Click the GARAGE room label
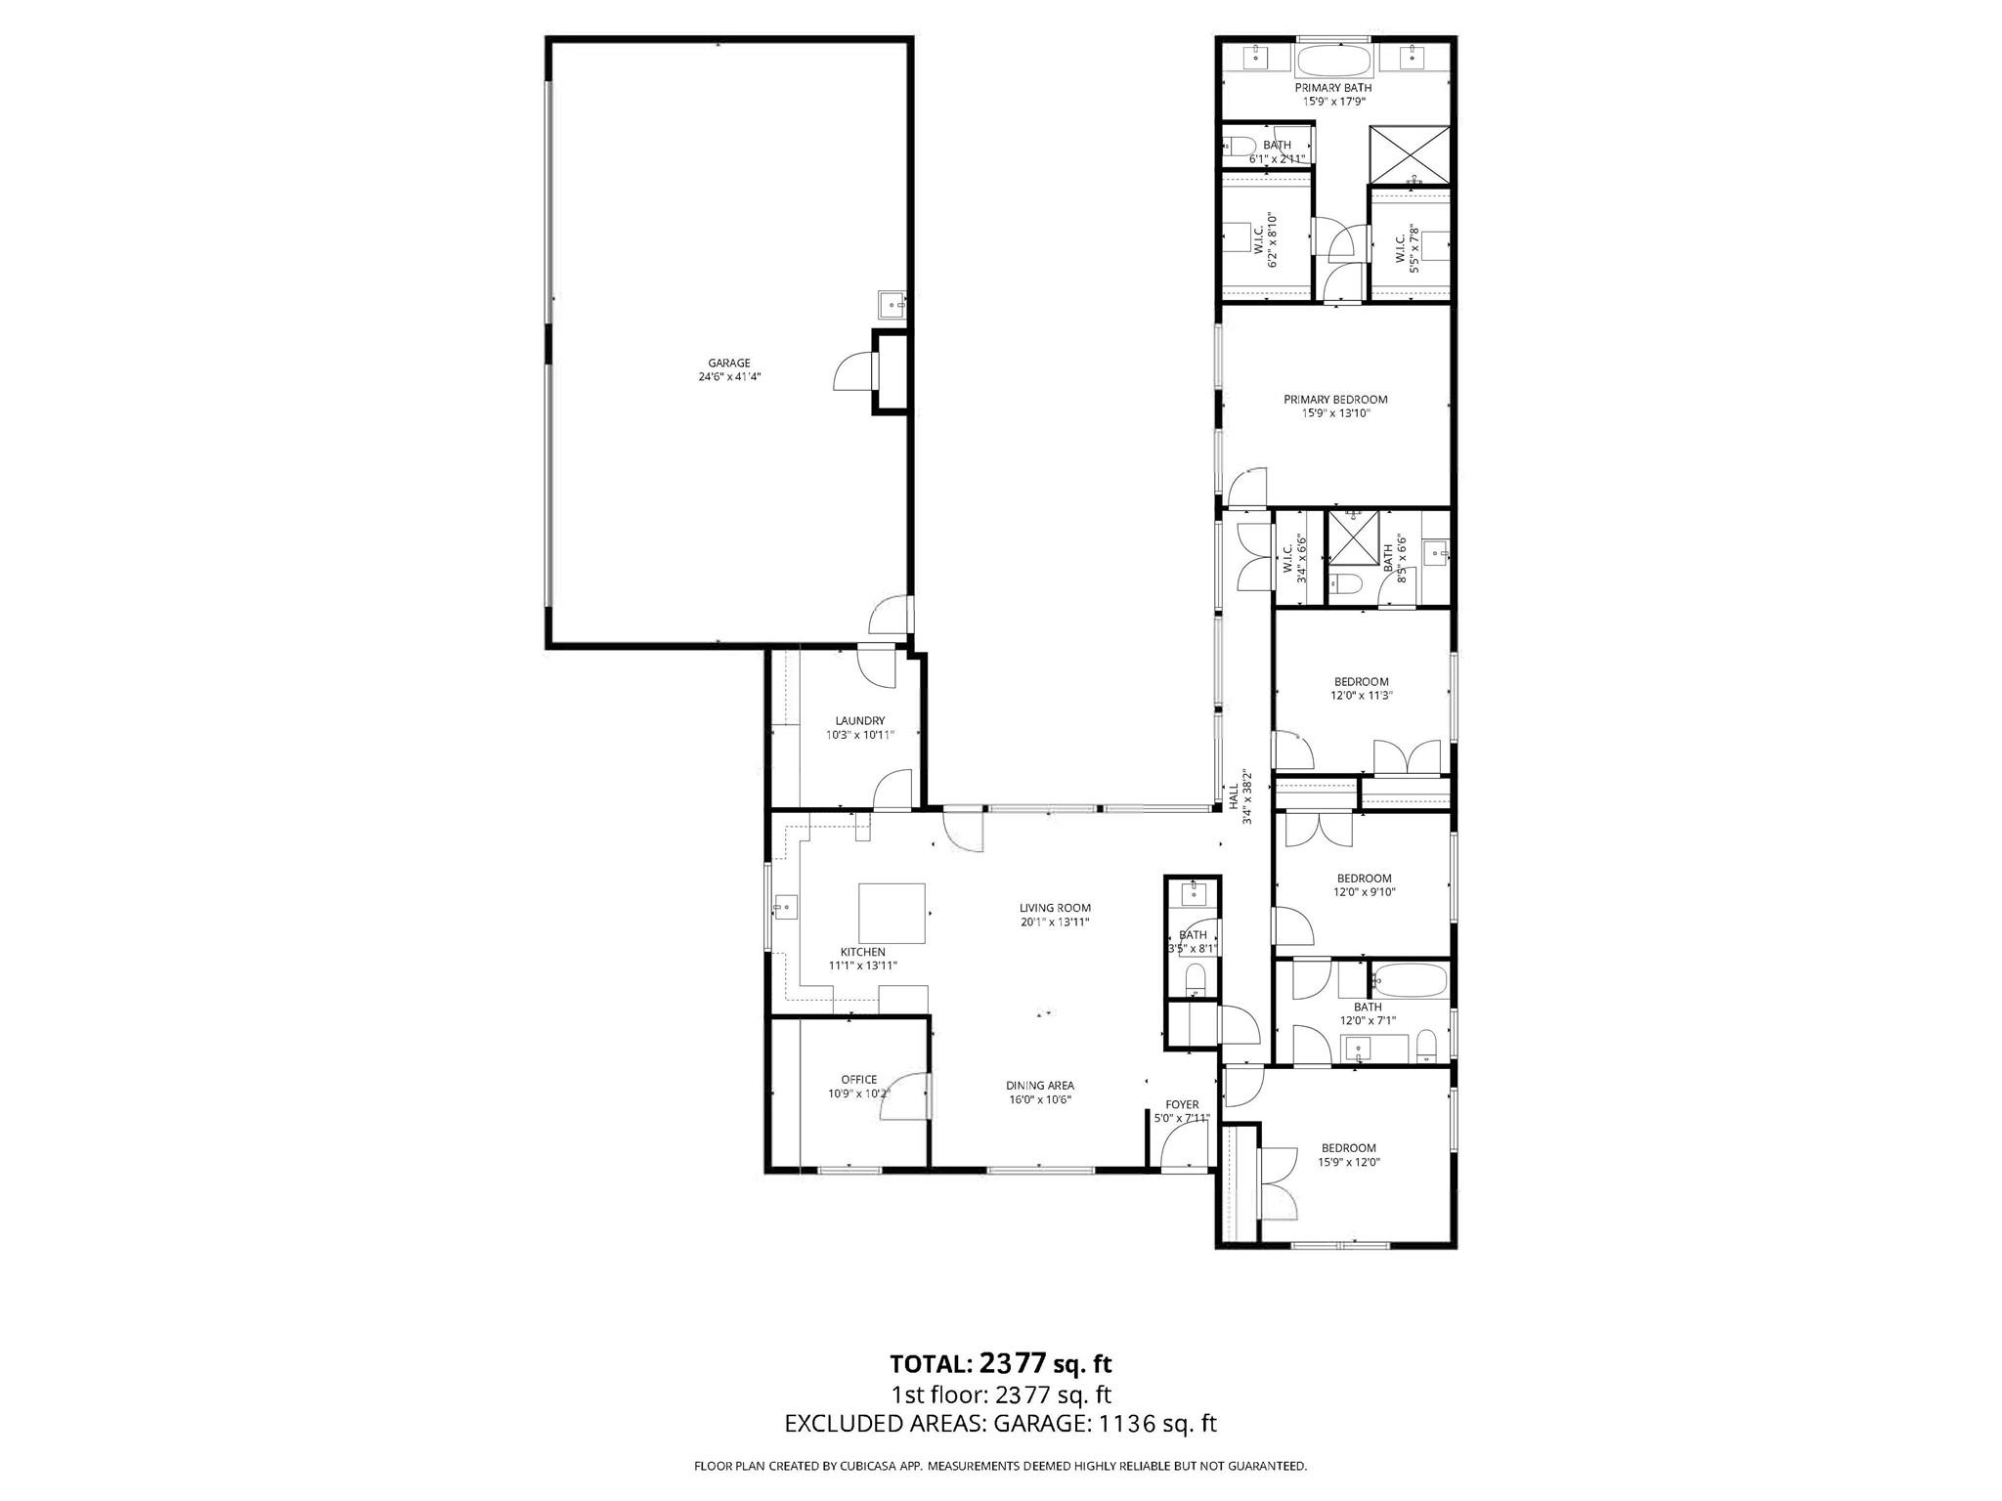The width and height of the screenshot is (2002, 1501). click(x=729, y=363)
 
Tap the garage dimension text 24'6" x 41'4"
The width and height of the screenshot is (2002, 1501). click(x=729, y=376)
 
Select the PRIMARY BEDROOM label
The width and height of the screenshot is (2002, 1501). click(x=1335, y=399)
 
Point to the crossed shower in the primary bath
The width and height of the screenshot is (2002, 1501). click(x=1409, y=154)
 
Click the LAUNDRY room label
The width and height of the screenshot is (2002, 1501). click(x=859, y=720)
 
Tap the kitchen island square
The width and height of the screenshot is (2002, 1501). click(x=892, y=911)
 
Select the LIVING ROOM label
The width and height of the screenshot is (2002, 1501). click(x=1055, y=908)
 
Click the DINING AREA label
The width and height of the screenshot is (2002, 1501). click(x=1040, y=1085)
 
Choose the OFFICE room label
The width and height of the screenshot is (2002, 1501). click(x=858, y=1079)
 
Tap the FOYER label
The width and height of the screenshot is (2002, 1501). click(x=1182, y=1104)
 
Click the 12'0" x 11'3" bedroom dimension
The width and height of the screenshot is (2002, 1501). click(x=1361, y=696)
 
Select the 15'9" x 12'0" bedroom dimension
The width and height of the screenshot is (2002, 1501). click(x=1349, y=1162)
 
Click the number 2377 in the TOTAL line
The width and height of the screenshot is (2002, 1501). click(x=1013, y=1362)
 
